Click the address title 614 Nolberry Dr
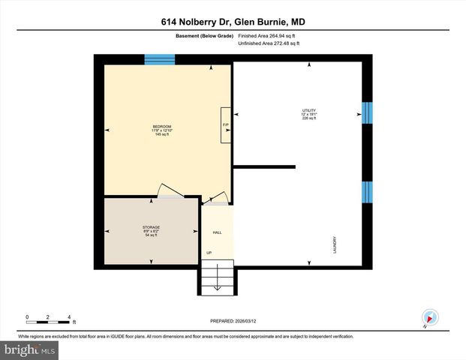click(x=233, y=22)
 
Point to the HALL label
click(x=217, y=232)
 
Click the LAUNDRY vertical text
click(x=335, y=245)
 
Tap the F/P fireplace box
click(x=225, y=124)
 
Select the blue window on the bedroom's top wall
click(x=159, y=59)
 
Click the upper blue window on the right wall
click(x=367, y=112)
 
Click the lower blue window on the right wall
click(x=367, y=192)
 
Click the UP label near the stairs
click(x=209, y=253)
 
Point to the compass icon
click(x=429, y=317)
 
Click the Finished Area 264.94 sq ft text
click(x=268, y=34)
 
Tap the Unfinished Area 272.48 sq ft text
click(x=268, y=43)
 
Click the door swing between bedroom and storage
click(x=168, y=191)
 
